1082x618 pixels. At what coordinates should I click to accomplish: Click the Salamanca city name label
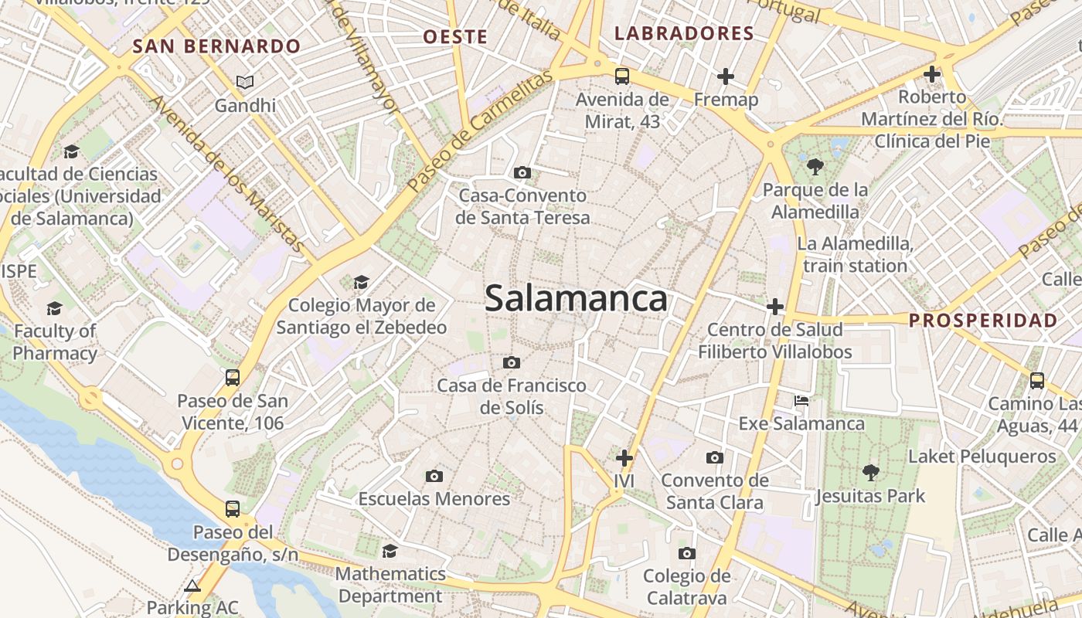(576, 299)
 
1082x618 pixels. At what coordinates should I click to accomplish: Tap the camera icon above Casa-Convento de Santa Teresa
(522, 172)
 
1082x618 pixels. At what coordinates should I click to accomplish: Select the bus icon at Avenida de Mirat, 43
(622, 76)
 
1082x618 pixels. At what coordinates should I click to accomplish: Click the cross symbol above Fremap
(725, 76)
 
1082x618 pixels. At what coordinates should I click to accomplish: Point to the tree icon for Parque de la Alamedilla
(815, 166)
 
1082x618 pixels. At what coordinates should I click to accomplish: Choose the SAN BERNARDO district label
(216, 46)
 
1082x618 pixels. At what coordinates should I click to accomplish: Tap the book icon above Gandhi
(245, 82)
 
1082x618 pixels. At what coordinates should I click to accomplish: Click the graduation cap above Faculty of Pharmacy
(54, 309)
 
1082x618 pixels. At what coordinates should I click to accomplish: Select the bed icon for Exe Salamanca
(801, 401)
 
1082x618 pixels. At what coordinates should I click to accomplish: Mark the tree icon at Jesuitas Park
(870, 472)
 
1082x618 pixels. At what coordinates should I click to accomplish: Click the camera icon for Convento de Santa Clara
(715, 457)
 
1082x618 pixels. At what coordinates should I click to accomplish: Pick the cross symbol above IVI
(624, 457)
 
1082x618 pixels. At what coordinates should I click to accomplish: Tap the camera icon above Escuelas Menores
(434, 476)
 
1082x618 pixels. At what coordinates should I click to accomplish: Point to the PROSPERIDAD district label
(983, 321)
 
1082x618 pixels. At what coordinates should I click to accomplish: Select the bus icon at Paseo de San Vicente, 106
(233, 378)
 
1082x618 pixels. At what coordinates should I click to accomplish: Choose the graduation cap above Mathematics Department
(390, 551)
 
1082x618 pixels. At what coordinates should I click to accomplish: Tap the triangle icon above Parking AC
(192, 585)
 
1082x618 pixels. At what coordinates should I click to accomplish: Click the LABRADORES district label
(683, 33)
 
